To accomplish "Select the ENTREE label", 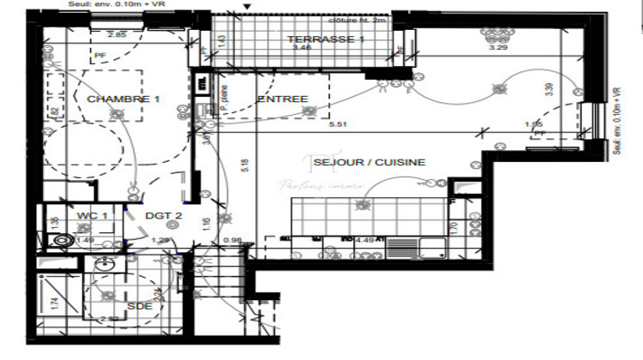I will [x=282, y=99].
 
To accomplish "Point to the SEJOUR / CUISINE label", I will [x=370, y=161].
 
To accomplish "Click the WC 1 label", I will [x=92, y=216].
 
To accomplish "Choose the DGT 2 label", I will [x=162, y=216].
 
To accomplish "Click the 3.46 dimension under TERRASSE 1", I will [x=301, y=49].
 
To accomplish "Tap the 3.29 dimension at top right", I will [x=498, y=48].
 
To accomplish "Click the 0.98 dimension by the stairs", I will [x=231, y=240].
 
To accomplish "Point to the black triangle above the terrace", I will [x=248, y=7].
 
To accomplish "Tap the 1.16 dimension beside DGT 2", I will [x=206, y=225].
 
